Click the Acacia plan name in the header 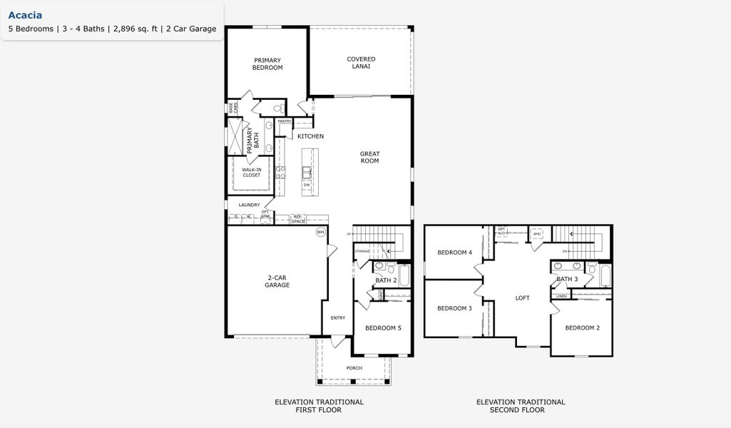click(25, 15)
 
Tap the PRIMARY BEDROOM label click(267, 64)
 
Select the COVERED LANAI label click(361, 63)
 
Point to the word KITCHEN click(310, 136)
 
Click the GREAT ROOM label click(369, 158)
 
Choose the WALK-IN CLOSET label click(251, 172)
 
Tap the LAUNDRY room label click(249, 205)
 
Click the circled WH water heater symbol click(320, 233)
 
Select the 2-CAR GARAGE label click(277, 281)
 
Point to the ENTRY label click(337, 318)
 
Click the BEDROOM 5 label click(383, 328)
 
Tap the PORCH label click(354, 368)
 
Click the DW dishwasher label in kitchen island click(307, 185)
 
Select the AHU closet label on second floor click(537, 234)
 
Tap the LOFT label click(522, 298)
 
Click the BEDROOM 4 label click(454, 253)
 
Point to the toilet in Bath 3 click(591, 269)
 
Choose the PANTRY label click(285, 121)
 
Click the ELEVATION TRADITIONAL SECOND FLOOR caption click(521, 406)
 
